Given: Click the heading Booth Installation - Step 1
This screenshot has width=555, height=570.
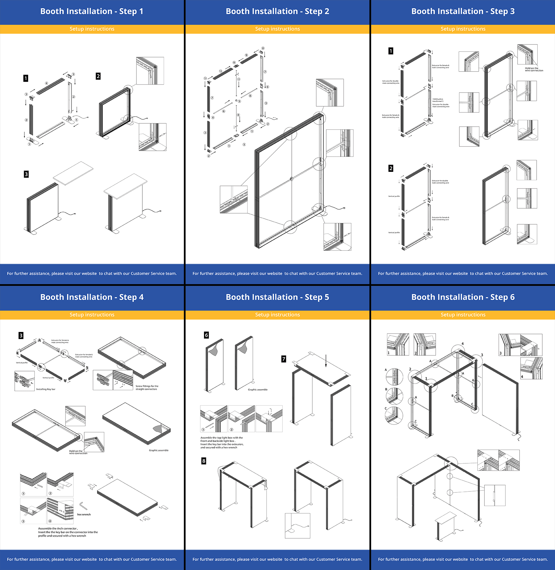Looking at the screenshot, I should click(92, 11).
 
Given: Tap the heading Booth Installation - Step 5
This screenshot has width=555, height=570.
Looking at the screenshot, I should click(277, 297).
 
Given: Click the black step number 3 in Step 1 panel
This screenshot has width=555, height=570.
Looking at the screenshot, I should click(26, 174).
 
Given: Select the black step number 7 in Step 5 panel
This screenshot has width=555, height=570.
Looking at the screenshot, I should click(284, 359).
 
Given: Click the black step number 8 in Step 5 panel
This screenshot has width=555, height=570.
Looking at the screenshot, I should click(204, 461).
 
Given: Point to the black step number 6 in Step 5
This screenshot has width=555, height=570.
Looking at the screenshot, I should click(206, 335).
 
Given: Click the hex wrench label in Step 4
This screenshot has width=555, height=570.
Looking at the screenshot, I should click(84, 515).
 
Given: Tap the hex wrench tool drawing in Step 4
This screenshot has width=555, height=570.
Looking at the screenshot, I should click(83, 505).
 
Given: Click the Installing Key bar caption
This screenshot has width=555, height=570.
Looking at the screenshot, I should click(46, 389).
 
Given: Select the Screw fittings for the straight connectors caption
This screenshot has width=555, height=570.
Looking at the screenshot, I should click(147, 387).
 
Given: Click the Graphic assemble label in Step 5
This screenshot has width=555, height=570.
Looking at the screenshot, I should click(257, 389).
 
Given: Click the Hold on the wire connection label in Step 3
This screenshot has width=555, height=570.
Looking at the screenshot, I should click(534, 69).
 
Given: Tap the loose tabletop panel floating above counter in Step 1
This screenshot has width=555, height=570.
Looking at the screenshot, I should click(73, 173).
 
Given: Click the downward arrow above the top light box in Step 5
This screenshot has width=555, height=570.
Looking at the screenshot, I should click(326, 361).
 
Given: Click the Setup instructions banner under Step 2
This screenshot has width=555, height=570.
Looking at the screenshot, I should click(277, 29).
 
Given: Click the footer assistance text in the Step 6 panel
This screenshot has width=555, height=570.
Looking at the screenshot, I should click(463, 559).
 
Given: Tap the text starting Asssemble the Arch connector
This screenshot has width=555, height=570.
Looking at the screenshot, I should click(68, 532).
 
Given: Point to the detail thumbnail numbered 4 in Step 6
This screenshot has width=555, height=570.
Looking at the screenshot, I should click(531, 368).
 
